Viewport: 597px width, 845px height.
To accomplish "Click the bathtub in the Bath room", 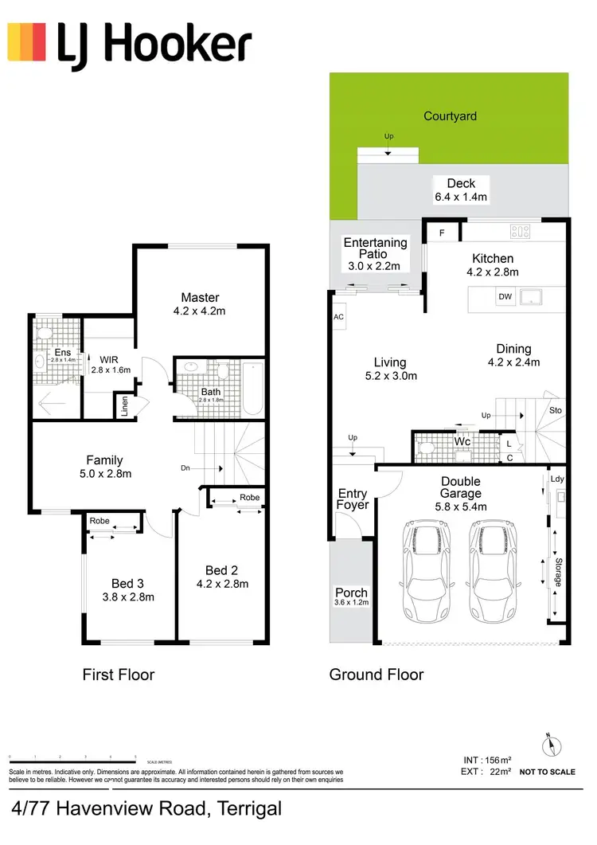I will click(252, 388).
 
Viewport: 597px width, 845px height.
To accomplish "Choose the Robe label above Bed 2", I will click(249, 498).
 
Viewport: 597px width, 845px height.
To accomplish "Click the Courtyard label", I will click(450, 116).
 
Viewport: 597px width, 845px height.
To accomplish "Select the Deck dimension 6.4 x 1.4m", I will click(461, 197).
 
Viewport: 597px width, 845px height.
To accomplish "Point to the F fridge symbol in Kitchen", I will click(442, 233).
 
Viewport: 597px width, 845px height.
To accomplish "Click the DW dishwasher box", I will click(505, 297).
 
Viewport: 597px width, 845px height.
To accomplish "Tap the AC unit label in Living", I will click(339, 316).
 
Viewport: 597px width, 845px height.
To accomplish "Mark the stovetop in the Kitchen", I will click(521, 232).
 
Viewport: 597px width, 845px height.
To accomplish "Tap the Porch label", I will click(351, 593).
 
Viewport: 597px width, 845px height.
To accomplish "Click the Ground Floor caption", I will click(377, 675).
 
